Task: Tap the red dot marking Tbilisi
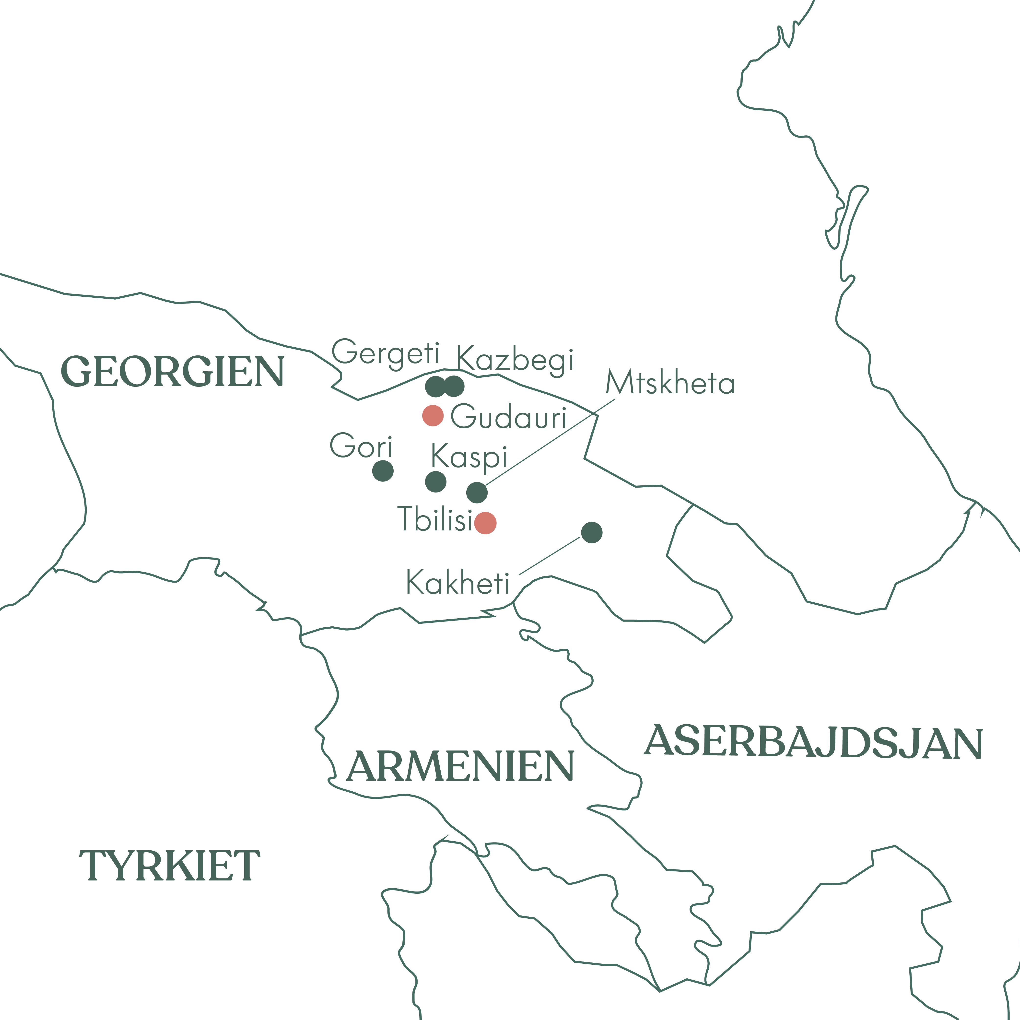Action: [x=485, y=523]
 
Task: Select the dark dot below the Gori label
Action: [x=383, y=471]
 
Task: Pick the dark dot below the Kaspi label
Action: [x=435, y=481]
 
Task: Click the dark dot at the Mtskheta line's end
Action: [x=477, y=492]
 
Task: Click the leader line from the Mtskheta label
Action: [x=549, y=442]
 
